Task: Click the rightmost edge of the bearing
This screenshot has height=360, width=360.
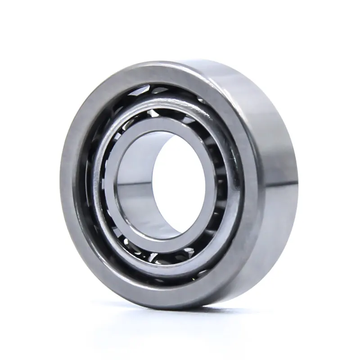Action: tap(297, 180)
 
